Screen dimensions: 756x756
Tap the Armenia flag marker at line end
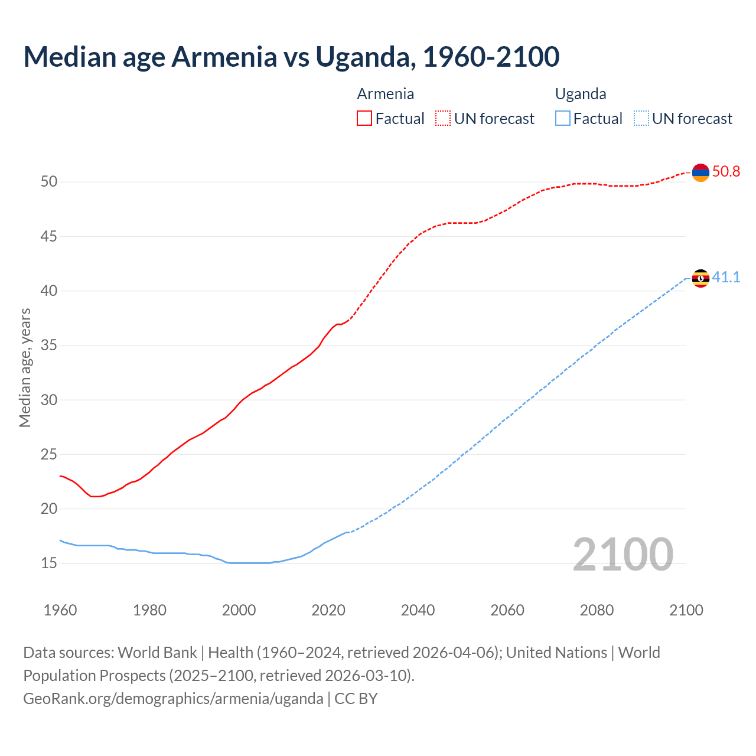[700, 172]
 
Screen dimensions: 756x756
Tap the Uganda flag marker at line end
[700, 278]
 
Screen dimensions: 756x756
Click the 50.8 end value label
[726, 172]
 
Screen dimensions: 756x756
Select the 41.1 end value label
[726, 277]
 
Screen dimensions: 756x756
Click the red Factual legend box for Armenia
[364, 119]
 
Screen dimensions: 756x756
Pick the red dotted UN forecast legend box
[443, 119]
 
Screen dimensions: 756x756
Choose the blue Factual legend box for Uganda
[563, 119]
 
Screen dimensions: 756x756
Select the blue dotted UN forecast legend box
[641, 119]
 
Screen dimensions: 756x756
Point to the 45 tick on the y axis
[49, 237]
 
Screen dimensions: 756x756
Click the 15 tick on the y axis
[49, 563]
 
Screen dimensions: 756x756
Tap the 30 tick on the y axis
[49, 400]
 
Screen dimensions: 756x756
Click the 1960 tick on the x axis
[60, 610]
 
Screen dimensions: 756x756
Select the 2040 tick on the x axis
[418, 610]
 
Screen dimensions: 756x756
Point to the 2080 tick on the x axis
[597, 610]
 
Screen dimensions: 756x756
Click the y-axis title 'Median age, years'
[25, 367]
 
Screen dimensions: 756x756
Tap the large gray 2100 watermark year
[623, 555]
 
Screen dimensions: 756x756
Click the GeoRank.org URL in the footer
[173, 699]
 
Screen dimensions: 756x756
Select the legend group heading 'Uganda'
[581, 94]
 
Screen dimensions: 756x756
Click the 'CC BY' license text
[356, 699]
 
